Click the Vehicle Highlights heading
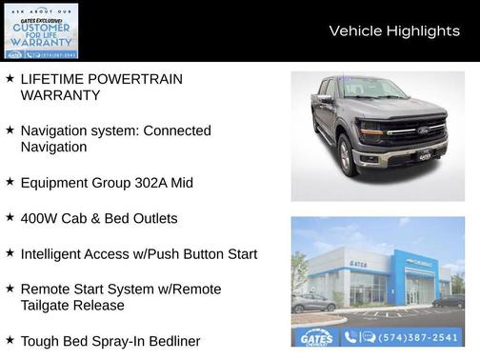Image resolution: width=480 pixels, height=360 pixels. tap(394, 31)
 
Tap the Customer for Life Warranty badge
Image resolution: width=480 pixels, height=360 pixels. tap(40, 30)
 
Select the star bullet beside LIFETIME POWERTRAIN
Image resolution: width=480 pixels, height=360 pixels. tap(10, 79)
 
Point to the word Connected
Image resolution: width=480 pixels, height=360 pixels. tap(177, 130)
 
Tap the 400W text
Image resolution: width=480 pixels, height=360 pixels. tap(40, 218)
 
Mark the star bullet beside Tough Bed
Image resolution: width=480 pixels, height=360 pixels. tap(10, 340)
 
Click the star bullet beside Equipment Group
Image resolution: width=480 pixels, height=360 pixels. tap(10, 182)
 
